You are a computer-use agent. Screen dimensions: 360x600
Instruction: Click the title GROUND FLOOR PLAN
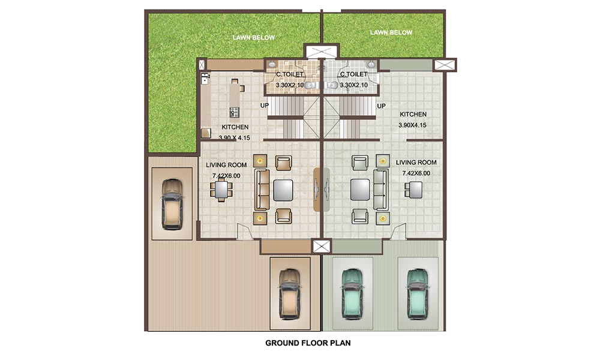pyautogui.click(x=308, y=343)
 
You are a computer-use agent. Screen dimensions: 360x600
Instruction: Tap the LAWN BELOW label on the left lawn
pyautogui.click(x=254, y=38)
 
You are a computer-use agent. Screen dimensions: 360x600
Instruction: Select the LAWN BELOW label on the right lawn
pyautogui.click(x=391, y=32)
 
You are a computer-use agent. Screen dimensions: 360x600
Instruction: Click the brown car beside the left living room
pyautogui.click(x=172, y=203)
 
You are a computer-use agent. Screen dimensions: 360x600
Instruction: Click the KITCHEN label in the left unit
pyautogui.click(x=235, y=127)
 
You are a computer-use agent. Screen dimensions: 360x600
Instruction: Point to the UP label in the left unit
pyautogui.click(x=264, y=106)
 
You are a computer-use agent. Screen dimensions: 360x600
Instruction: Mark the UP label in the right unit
pyautogui.click(x=381, y=106)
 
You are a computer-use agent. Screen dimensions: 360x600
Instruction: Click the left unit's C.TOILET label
pyautogui.click(x=289, y=75)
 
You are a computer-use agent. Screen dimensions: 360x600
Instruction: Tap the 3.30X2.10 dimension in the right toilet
pyautogui.click(x=353, y=85)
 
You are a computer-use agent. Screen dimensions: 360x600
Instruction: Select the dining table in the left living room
pyautogui.click(x=222, y=190)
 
